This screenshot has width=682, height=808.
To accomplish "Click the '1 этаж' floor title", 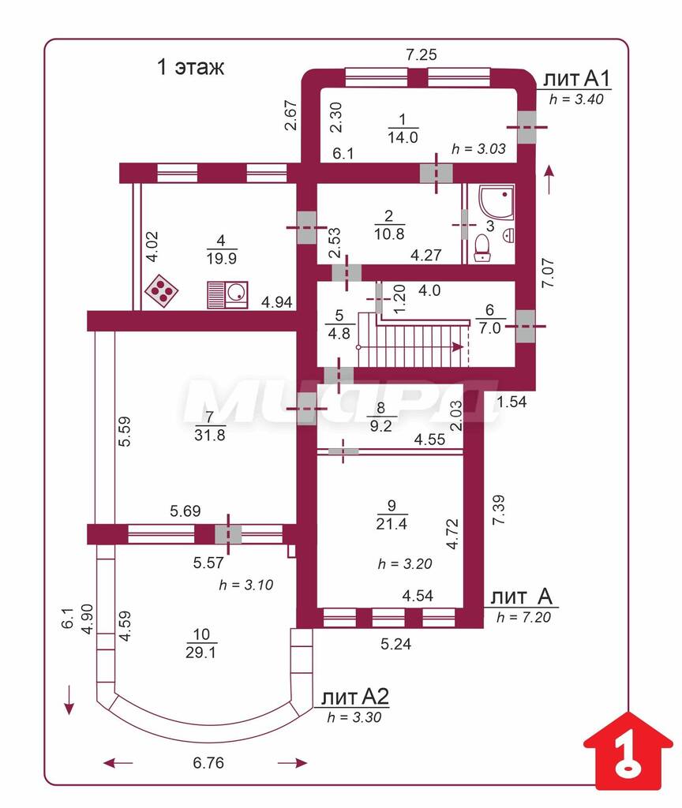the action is tap(190, 67).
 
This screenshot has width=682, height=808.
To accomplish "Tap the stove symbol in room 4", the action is tap(162, 290).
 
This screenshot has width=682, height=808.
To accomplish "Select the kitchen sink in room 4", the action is tap(227, 295).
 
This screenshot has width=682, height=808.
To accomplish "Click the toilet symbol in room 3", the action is tap(482, 248).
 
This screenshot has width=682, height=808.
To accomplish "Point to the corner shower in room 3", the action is tap(496, 201).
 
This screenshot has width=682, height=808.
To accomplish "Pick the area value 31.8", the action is tap(210, 435).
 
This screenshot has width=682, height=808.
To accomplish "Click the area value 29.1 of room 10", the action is tap(201, 653).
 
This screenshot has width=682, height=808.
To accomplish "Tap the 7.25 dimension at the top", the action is tap(422, 54).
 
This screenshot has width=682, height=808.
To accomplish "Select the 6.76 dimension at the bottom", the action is tap(208, 763).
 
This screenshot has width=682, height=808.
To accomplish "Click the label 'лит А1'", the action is tap(577, 79).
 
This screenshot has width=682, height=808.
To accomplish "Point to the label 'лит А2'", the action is tap(354, 697).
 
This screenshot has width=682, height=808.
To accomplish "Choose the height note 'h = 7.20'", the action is tap(523, 617).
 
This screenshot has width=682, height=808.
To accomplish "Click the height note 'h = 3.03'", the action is tap(478, 148).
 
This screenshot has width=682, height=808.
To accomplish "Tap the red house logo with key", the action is tap(628, 750).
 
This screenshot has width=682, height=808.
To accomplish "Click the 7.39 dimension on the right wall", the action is tap(499, 511).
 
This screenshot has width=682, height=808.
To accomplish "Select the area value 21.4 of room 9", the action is tap(392, 524).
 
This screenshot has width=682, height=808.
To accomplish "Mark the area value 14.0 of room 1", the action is tap(403, 137).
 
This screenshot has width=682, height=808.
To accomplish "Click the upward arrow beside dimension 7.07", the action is tap(549, 179).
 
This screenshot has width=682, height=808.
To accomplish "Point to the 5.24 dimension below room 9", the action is tap(396, 644).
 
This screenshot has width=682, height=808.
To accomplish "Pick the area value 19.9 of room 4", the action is tap(222, 258).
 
